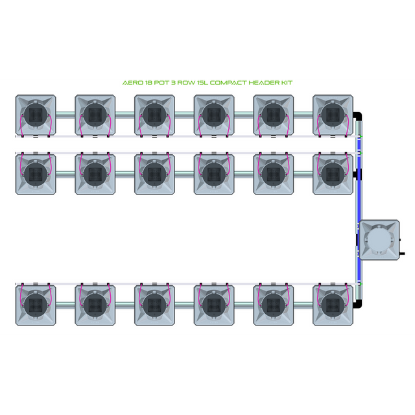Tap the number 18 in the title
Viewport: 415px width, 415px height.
pos(148,83)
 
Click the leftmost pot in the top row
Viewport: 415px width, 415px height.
pos(36,115)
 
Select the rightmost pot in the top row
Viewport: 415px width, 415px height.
pos(333,115)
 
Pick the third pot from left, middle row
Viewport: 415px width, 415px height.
pos(154,174)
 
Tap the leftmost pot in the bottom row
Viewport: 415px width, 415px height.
pos(36,305)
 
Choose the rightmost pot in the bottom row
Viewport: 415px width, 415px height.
pos(333,305)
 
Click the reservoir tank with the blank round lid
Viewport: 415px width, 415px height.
pos(379,240)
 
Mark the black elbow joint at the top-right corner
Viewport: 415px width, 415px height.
pos(357,117)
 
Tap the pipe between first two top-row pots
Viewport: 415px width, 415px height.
pos(65,115)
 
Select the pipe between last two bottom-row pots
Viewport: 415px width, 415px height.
pos(303,305)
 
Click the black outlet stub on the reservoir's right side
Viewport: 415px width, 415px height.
pos(402,254)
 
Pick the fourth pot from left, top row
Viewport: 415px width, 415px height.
pos(214,115)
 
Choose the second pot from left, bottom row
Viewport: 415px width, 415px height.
pos(95,305)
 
